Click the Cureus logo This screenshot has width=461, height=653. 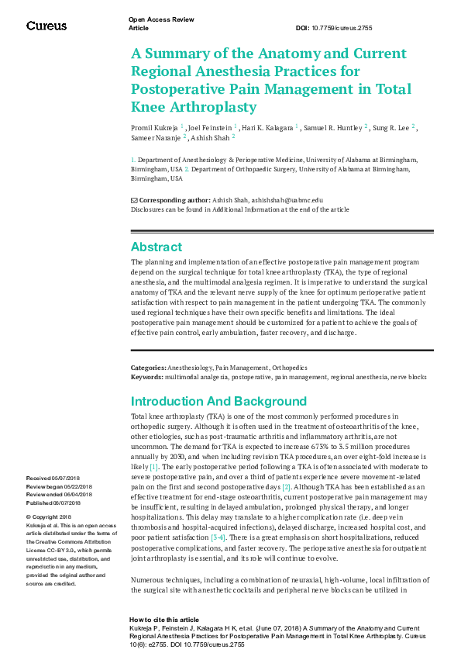pos(46,26)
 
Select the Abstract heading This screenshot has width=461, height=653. pos(157,247)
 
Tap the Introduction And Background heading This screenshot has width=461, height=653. pos(218,401)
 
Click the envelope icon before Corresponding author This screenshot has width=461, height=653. pos(134,200)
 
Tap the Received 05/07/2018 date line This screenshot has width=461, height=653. pos(49,479)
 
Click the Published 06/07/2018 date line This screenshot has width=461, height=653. pos(49,502)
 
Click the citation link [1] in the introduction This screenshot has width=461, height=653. pos(154,468)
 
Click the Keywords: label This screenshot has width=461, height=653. pos(146,376)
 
